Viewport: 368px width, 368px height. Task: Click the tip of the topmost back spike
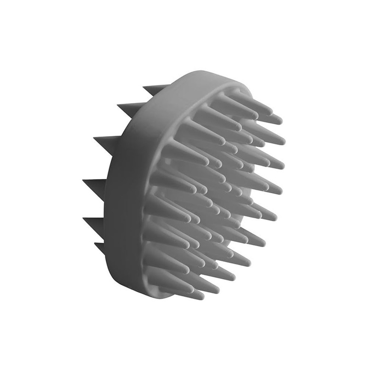144,86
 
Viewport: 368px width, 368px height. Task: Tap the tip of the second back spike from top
118,105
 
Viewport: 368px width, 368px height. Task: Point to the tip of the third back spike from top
94,138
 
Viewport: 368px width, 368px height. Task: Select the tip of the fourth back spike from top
83,180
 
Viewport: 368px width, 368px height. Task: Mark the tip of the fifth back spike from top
84,218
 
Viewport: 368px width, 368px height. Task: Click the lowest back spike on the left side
95,244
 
